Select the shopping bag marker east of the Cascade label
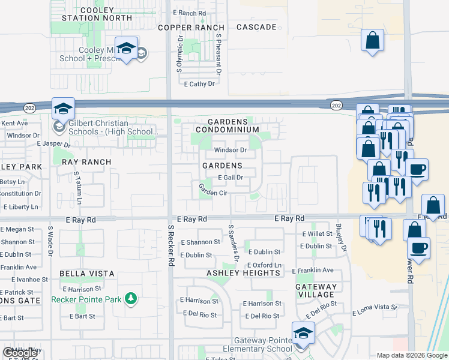(372, 41)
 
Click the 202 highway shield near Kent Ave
(29, 107)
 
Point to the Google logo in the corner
(20, 352)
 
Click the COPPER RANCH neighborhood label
(191, 28)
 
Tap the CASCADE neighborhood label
(256, 28)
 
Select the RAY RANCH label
(86, 162)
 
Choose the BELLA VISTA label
(87, 274)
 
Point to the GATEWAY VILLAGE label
(316, 290)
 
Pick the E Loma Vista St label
(375, 310)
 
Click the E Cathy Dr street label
(199, 84)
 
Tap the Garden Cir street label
(213, 193)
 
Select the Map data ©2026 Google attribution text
(412, 355)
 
